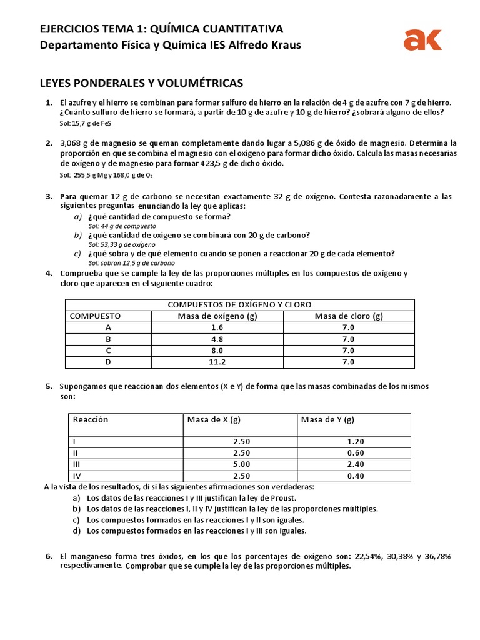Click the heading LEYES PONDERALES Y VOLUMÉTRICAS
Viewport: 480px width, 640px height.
(x=141, y=83)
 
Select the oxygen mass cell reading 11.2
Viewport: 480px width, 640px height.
(x=217, y=362)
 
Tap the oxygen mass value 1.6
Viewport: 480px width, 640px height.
(x=217, y=328)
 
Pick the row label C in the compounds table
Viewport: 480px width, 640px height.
(x=109, y=351)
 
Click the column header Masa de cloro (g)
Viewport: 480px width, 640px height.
(x=349, y=316)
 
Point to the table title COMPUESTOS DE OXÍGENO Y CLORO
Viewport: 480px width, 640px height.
(x=239, y=305)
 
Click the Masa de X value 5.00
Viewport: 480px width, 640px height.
(x=240, y=464)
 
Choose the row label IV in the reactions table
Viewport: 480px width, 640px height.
(x=77, y=476)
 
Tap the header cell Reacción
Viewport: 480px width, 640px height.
(x=91, y=419)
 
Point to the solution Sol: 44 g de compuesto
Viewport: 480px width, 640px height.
(x=122, y=226)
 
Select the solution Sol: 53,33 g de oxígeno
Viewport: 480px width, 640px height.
(x=122, y=245)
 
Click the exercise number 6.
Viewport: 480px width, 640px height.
(x=49, y=556)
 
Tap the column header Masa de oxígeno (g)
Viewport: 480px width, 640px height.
(x=217, y=316)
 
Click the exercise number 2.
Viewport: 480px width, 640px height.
(x=49, y=143)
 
